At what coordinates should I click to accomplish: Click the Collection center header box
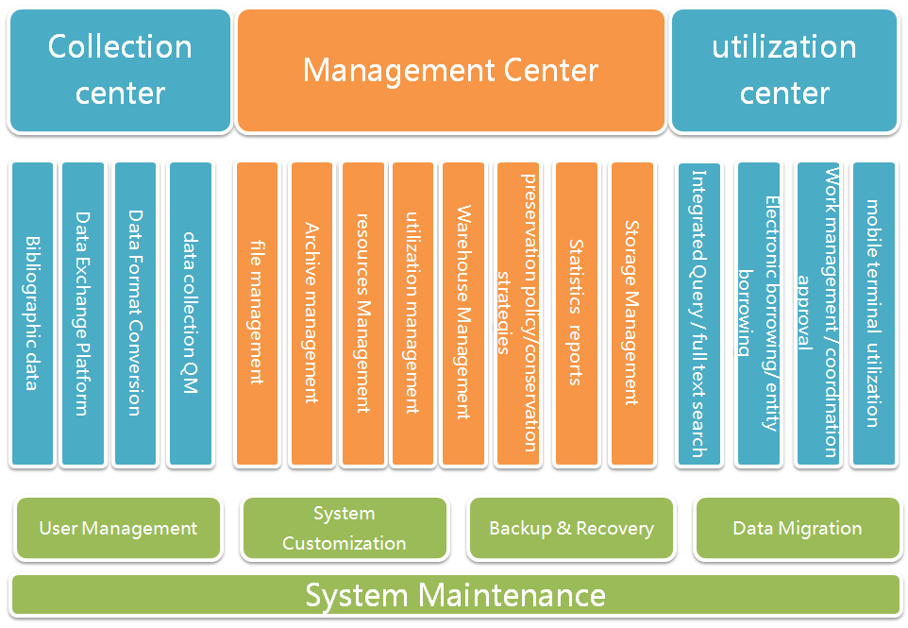click(120, 71)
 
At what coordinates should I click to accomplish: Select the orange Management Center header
click(450, 71)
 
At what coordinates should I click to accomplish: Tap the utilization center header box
click(783, 71)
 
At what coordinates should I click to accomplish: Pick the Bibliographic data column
click(32, 314)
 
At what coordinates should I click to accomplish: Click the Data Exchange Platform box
click(83, 314)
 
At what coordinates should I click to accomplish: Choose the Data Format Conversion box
click(135, 314)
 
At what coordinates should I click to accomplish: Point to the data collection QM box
click(190, 314)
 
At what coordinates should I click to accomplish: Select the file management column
click(257, 314)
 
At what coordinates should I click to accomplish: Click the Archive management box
click(311, 314)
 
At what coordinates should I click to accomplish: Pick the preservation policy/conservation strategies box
click(518, 314)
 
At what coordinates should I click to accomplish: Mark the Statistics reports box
click(576, 314)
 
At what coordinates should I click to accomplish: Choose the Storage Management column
click(631, 314)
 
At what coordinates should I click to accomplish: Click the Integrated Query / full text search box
click(698, 314)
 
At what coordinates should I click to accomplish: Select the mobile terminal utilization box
click(873, 314)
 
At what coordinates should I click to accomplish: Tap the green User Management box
click(118, 529)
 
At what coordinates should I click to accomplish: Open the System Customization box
click(344, 529)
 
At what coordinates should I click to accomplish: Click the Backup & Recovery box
click(571, 529)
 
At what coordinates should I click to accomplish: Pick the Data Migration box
click(797, 529)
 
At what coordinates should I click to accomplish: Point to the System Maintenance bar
click(455, 595)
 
